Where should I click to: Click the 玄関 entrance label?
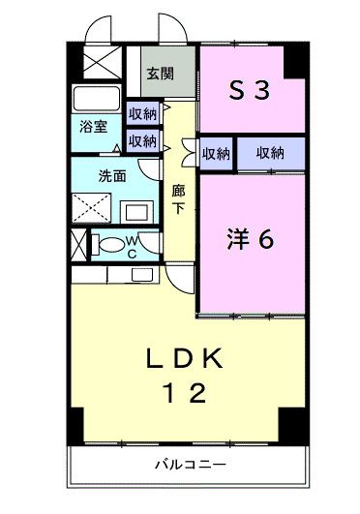point(161,73)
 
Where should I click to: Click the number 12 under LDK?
point(184,394)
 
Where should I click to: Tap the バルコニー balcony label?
point(191,465)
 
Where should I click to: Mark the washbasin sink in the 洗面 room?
point(134,209)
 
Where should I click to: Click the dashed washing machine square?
point(93,209)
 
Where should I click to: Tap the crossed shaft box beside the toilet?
point(79,244)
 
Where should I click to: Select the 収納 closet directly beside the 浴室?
point(141,114)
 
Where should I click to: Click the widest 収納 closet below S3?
point(269,152)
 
